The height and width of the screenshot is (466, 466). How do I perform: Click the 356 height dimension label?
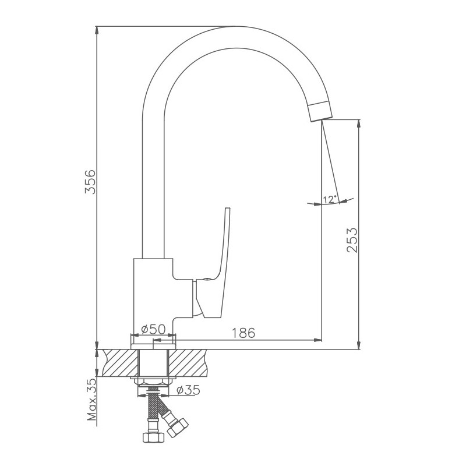90,182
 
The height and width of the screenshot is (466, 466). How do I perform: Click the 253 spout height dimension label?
352,240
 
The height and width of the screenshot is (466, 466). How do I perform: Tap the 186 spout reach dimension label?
243,333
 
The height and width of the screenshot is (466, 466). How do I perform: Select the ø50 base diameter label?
153,329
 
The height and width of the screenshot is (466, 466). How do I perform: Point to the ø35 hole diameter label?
188,390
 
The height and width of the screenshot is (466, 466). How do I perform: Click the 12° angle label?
330,199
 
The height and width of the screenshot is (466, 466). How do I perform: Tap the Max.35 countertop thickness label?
92,399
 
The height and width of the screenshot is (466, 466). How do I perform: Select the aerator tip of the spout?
320,111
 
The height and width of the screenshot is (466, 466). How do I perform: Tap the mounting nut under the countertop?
153,382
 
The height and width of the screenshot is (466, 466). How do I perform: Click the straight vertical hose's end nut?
153,437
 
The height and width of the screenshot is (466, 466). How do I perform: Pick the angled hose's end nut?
178,428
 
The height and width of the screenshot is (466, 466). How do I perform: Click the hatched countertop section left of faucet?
120,363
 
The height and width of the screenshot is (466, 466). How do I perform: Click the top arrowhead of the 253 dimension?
359,124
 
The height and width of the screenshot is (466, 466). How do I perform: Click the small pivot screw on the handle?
206,279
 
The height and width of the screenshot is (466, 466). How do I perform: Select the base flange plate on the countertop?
153,345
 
